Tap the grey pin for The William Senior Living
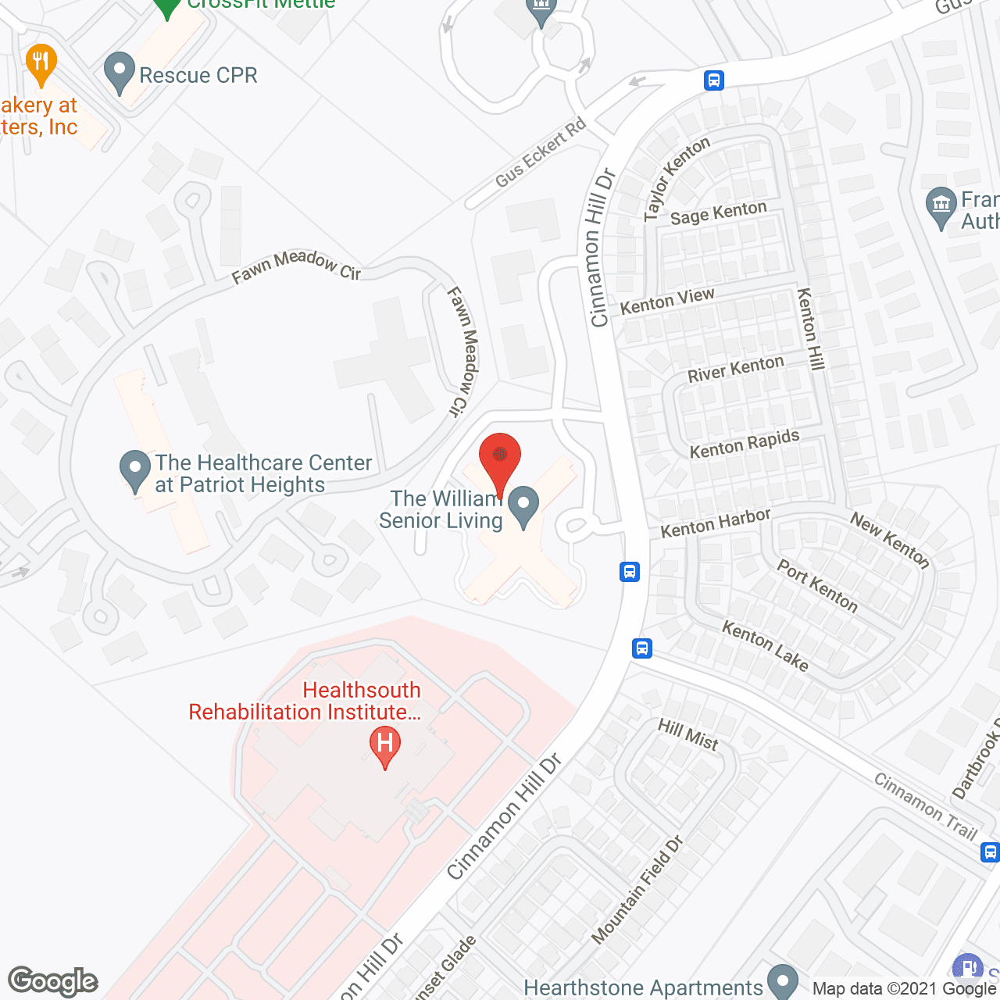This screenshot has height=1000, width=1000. [523, 506]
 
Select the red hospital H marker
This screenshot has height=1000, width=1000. [385, 745]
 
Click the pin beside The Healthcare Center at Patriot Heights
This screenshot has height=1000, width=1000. [135, 471]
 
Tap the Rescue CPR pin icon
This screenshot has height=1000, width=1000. [120, 72]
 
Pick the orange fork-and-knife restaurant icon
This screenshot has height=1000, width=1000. [41, 64]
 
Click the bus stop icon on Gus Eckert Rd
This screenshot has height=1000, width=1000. [713, 80]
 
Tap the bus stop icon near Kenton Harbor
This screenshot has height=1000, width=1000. [630, 572]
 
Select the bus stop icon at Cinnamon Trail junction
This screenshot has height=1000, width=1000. [642, 648]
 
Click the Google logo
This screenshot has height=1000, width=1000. [53, 981]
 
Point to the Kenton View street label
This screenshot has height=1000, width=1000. [667, 301]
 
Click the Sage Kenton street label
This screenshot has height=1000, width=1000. [719, 213]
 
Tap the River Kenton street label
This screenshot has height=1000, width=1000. [735, 369]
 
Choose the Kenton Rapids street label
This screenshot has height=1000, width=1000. [745, 443]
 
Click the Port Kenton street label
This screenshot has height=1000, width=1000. [817, 586]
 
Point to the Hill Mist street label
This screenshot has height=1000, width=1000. [687, 734]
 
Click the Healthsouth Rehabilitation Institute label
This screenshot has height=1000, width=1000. [305, 701]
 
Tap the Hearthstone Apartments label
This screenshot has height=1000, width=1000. [643, 988]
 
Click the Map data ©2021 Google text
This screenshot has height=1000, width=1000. [905, 988]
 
